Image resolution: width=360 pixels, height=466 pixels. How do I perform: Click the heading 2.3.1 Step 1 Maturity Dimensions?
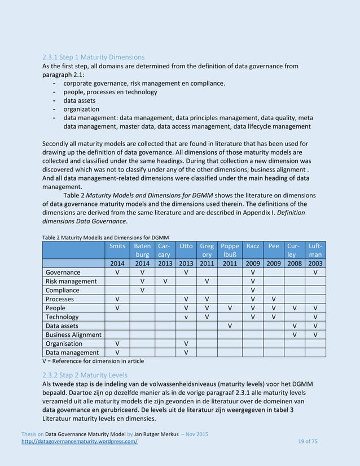[x=94, y=57]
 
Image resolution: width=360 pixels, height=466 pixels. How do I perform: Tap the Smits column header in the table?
[x=117, y=246]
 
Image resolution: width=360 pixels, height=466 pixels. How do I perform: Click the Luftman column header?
[x=315, y=250]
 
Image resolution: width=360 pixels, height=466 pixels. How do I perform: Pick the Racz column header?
[x=253, y=246]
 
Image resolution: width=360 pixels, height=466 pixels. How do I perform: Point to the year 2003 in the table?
[x=315, y=263]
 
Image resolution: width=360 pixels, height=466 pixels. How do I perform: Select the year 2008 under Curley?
[x=293, y=263]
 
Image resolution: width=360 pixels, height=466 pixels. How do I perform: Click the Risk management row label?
[x=71, y=281]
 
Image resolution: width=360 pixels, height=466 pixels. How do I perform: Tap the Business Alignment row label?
[x=73, y=335]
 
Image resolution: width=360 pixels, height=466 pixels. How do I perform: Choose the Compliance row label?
[x=63, y=290]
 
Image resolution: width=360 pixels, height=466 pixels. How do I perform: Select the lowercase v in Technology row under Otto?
[x=186, y=317]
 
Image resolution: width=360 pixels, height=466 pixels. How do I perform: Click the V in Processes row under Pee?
[x=274, y=299]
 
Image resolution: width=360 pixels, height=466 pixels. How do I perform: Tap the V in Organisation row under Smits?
[x=117, y=344]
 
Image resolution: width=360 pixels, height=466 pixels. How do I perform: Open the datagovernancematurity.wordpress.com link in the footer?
[x=90, y=441]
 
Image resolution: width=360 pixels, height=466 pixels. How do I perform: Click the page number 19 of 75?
[x=308, y=441]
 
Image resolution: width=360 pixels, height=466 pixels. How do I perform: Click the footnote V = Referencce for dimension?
[x=93, y=361]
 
